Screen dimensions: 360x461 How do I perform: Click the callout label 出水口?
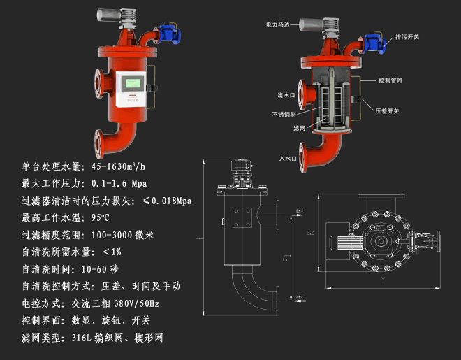coord(287,95)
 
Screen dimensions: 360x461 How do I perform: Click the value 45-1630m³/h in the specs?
coord(113,167)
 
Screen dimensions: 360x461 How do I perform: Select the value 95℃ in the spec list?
coord(103,217)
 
